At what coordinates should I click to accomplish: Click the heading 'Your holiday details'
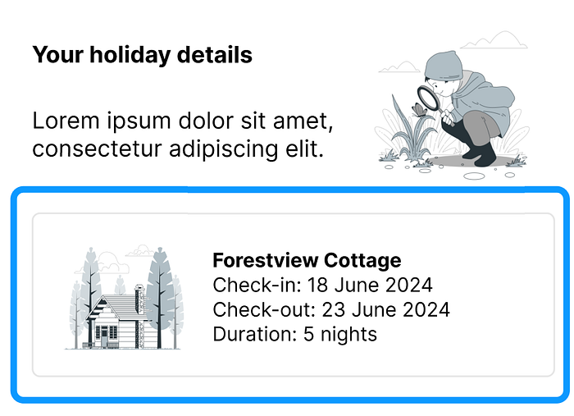point(142,55)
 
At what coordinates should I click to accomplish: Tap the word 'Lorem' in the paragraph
point(66,121)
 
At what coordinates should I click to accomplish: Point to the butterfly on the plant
point(420,109)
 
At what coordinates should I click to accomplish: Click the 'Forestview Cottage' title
point(307,260)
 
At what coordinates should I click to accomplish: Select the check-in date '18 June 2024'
point(370,285)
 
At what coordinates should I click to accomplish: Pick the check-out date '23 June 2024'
point(386,309)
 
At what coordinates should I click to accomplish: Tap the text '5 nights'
point(340,334)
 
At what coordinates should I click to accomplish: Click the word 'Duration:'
point(255,334)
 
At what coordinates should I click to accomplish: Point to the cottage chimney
point(139,299)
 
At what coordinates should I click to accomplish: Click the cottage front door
point(105,337)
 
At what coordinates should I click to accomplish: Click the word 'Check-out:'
point(264,309)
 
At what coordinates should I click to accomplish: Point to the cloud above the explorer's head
point(494,40)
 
